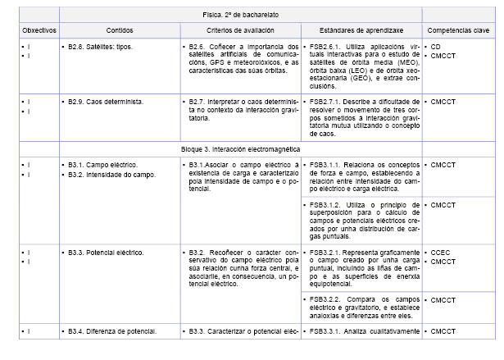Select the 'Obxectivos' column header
point(39,30)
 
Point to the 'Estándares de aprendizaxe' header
point(361,30)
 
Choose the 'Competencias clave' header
point(458,30)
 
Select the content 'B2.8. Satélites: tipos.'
point(101,48)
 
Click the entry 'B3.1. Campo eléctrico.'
point(102,165)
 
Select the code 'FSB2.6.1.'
point(326,48)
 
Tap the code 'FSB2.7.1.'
point(326,102)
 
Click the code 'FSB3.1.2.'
point(326,204)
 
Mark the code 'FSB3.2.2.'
point(326,299)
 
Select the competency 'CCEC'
point(440,252)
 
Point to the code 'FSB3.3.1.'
point(326,331)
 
